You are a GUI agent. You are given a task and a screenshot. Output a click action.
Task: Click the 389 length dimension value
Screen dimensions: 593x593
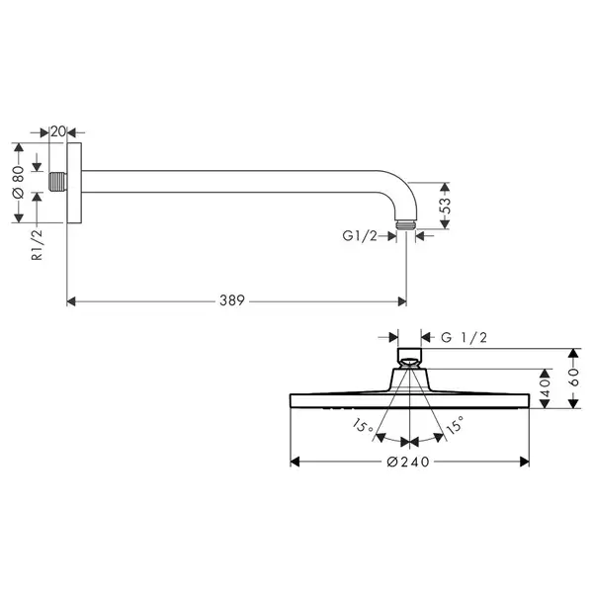[232, 300]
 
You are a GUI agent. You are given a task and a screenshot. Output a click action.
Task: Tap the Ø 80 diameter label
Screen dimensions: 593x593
[18, 182]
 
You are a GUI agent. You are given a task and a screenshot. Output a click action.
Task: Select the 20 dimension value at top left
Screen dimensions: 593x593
[58, 131]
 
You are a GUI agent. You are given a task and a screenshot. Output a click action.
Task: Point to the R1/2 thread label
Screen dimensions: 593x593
[38, 245]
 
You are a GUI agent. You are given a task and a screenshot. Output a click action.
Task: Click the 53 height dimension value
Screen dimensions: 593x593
[446, 206]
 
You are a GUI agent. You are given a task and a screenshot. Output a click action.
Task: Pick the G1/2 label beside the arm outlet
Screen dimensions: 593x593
[360, 236]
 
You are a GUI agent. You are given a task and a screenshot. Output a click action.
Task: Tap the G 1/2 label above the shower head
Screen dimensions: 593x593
[465, 337]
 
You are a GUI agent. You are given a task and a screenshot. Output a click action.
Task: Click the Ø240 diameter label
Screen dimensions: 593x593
[408, 462]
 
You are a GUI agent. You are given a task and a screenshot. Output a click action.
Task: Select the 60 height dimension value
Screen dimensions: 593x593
[573, 378]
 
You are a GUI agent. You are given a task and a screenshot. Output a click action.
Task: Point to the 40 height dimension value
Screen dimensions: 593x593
[545, 388]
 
